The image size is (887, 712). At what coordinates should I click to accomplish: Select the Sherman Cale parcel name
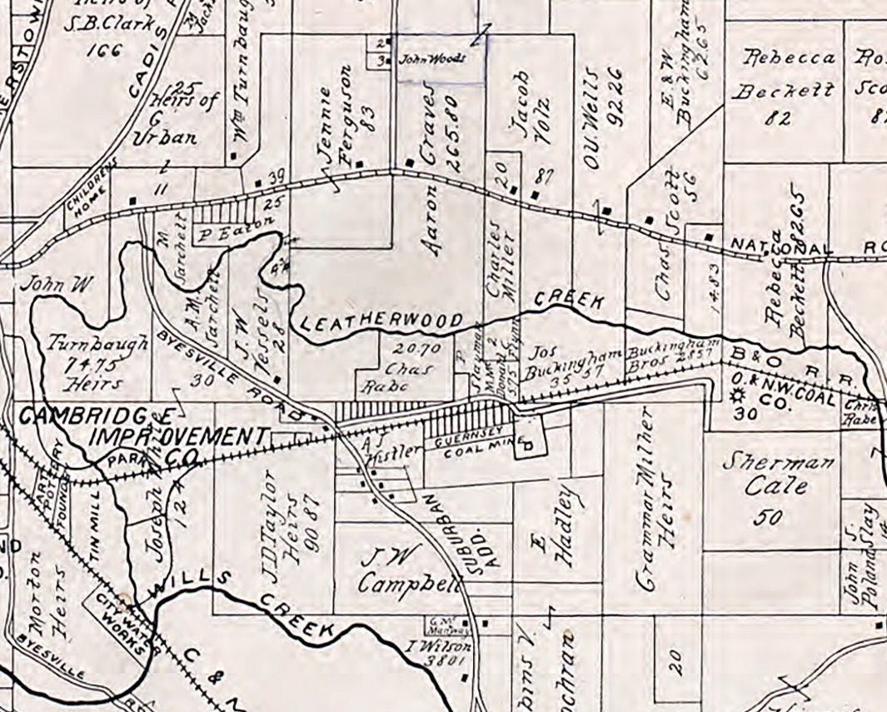pos(765,473)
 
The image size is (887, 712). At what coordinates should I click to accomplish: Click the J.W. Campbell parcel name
pos(408,570)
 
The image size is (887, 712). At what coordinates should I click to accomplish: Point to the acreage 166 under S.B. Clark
pos(102,49)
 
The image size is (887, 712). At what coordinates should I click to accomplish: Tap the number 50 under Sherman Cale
pos(767,517)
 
